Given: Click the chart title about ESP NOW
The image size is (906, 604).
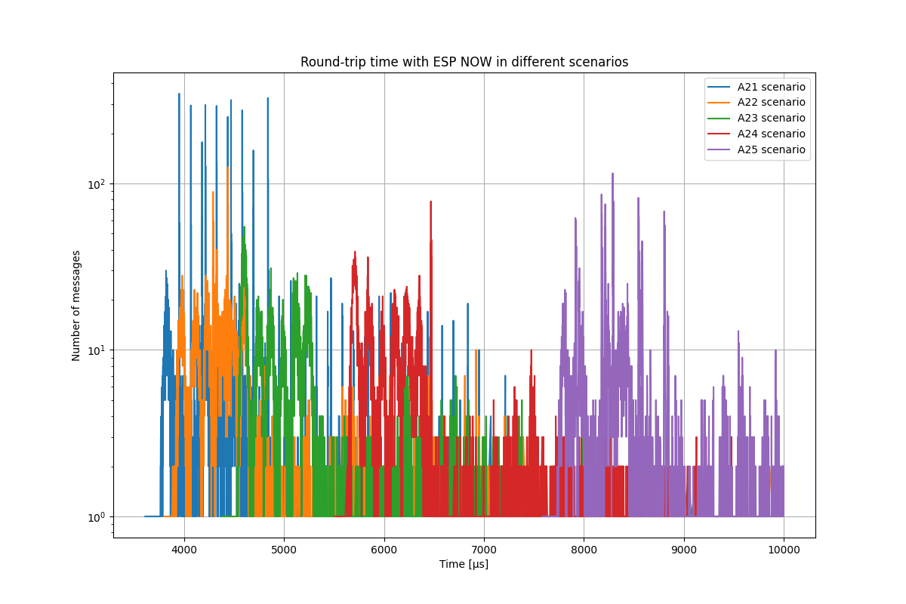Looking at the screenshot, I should (x=464, y=62).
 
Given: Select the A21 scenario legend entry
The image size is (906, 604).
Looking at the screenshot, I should (x=771, y=87).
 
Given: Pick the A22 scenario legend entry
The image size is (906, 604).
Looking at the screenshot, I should (x=771, y=103).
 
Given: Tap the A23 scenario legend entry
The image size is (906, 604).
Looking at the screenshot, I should (x=771, y=118).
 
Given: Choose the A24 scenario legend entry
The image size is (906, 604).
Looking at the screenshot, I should (x=771, y=134).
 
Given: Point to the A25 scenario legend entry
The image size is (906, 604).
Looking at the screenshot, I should (x=771, y=149).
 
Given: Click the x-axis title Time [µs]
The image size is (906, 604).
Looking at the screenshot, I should (x=464, y=564).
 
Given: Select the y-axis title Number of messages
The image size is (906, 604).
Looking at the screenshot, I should (x=76, y=305).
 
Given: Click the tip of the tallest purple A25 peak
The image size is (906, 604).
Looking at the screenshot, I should (x=612, y=174).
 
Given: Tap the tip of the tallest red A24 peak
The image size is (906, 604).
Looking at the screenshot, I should (x=430, y=202).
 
